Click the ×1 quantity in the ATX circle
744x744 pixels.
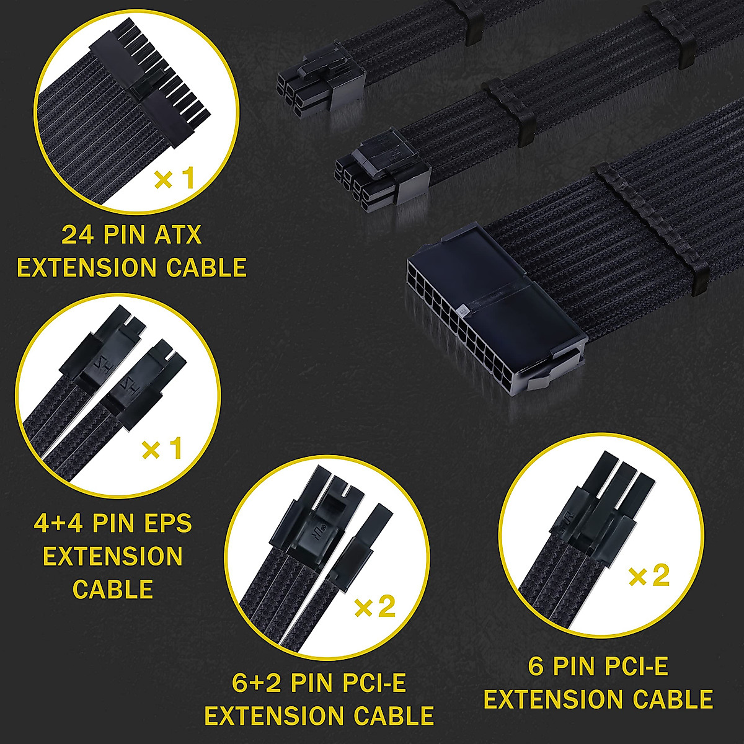[x=174, y=179]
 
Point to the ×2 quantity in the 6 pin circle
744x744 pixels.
[x=649, y=577]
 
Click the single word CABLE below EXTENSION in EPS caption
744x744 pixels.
[x=113, y=589]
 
